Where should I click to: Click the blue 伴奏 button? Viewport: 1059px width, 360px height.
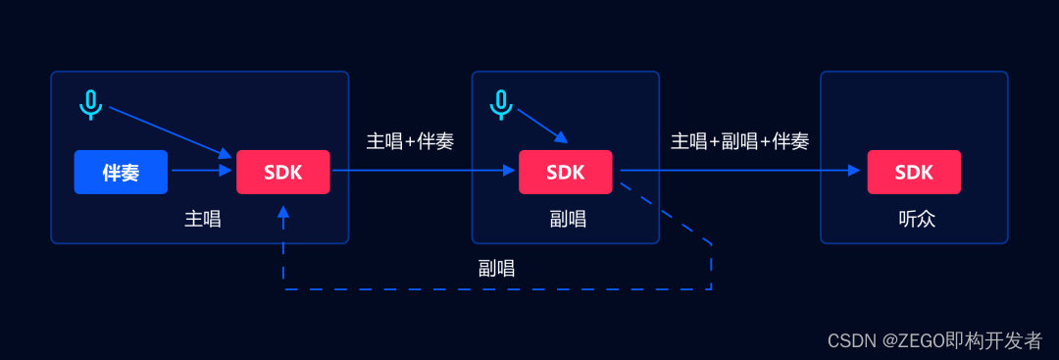click(121, 173)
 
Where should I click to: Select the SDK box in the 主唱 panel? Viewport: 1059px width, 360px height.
click(282, 173)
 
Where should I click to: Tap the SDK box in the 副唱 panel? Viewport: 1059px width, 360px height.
click(565, 173)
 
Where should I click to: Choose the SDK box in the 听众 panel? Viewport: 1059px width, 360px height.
click(914, 173)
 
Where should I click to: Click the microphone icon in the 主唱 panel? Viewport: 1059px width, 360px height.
click(90, 103)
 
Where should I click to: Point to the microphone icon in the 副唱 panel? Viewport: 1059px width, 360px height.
click(501, 103)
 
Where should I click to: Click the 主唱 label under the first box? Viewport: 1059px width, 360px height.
click(203, 219)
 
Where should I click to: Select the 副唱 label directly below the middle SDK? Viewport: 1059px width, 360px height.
click(568, 219)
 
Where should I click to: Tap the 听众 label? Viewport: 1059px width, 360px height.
click(917, 219)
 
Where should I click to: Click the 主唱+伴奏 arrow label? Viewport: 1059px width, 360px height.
click(410, 141)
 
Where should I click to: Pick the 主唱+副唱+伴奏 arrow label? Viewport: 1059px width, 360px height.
click(739, 141)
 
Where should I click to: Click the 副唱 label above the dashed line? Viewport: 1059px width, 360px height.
click(496, 268)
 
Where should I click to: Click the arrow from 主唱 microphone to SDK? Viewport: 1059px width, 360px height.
click(167, 130)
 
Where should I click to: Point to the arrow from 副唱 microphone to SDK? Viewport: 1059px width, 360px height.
click(540, 126)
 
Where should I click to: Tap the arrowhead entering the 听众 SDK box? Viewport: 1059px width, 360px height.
click(854, 170)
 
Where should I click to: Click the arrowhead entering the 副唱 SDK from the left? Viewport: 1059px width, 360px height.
click(509, 170)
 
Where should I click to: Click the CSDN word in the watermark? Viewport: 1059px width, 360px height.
click(849, 340)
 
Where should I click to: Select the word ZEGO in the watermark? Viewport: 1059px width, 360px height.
click(915, 340)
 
